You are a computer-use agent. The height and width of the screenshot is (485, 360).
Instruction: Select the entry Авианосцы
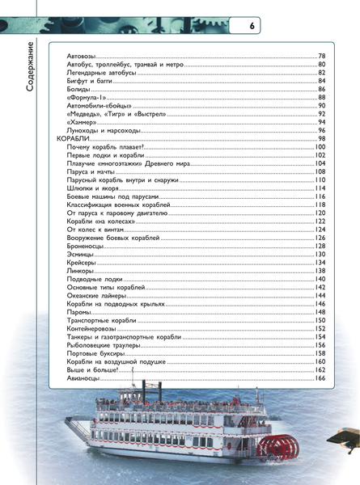coord(83,379)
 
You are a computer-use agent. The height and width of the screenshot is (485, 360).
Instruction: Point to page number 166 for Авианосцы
coord(319,379)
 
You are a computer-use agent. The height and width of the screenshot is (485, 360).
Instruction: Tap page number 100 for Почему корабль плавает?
coord(319,147)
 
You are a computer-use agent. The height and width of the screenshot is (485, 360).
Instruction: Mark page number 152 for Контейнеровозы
coord(319,329)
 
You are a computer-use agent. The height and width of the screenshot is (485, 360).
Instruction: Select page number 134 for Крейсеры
coord(319,263)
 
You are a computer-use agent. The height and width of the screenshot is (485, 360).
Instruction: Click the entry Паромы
coord(78,312)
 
